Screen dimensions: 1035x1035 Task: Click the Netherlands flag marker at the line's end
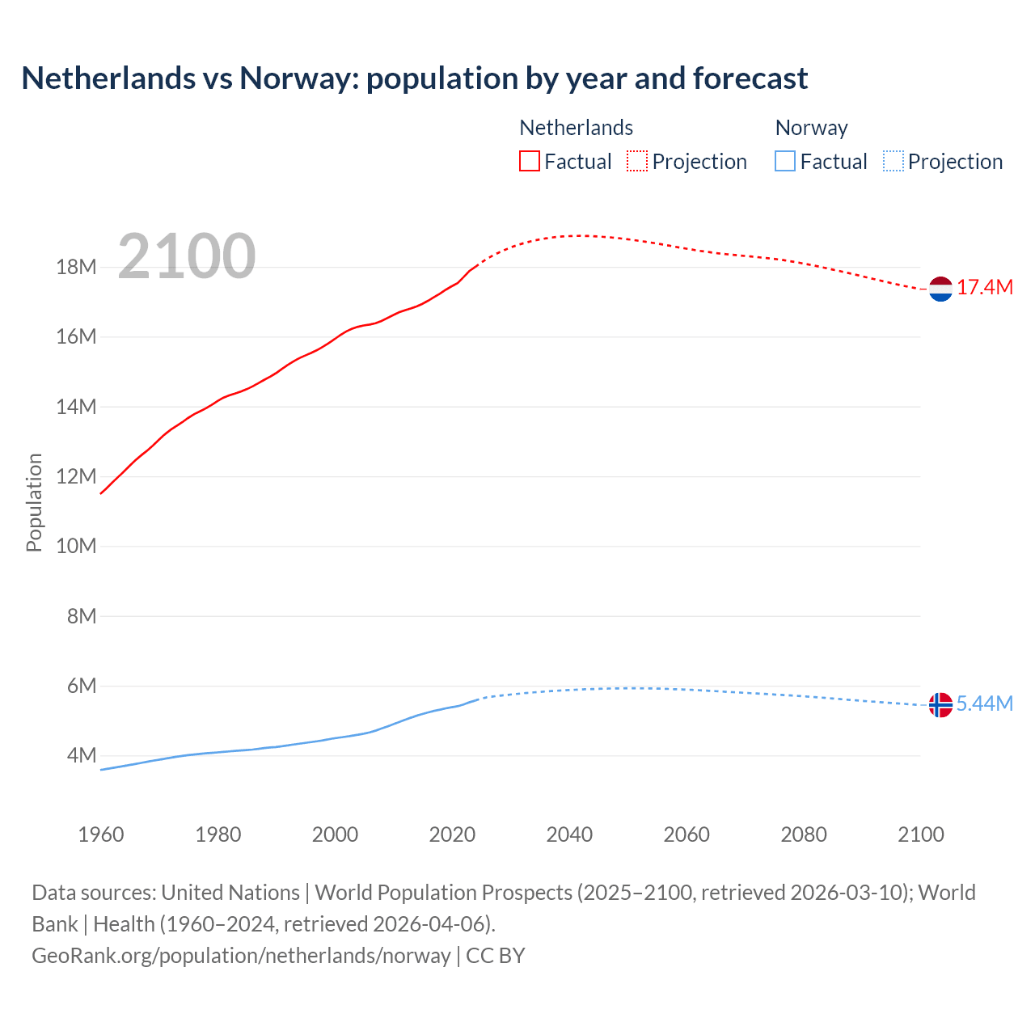(x=940, y=289)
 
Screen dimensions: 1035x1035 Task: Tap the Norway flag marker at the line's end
(x=940, y=704)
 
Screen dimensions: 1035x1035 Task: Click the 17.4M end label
(x=985, y=288)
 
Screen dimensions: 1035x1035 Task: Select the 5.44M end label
(x=985, y=703)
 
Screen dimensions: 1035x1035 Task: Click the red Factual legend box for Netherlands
(x=529, y=161)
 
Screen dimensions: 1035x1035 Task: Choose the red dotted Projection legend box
(x=637, y=161)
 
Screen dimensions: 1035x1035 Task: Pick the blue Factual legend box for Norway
(x=784, y=161)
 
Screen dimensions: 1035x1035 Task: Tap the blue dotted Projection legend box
(x=893, y=161)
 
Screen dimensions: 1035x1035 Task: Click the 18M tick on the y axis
(x=76, y=267)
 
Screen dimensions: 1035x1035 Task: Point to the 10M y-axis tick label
(x=76, y=546)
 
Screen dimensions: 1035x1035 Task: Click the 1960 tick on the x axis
(x=101, y=834)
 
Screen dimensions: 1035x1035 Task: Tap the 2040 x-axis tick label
(x=569, y=834)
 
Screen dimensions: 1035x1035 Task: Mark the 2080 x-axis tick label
(x=804, y=834)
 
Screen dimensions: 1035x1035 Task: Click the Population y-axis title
(x=34, y=502)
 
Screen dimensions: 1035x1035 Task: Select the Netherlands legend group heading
(x=576, y=128)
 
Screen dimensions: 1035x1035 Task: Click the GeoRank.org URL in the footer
(x=241, y=956)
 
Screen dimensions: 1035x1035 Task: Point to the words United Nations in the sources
(x=230, y=893)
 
